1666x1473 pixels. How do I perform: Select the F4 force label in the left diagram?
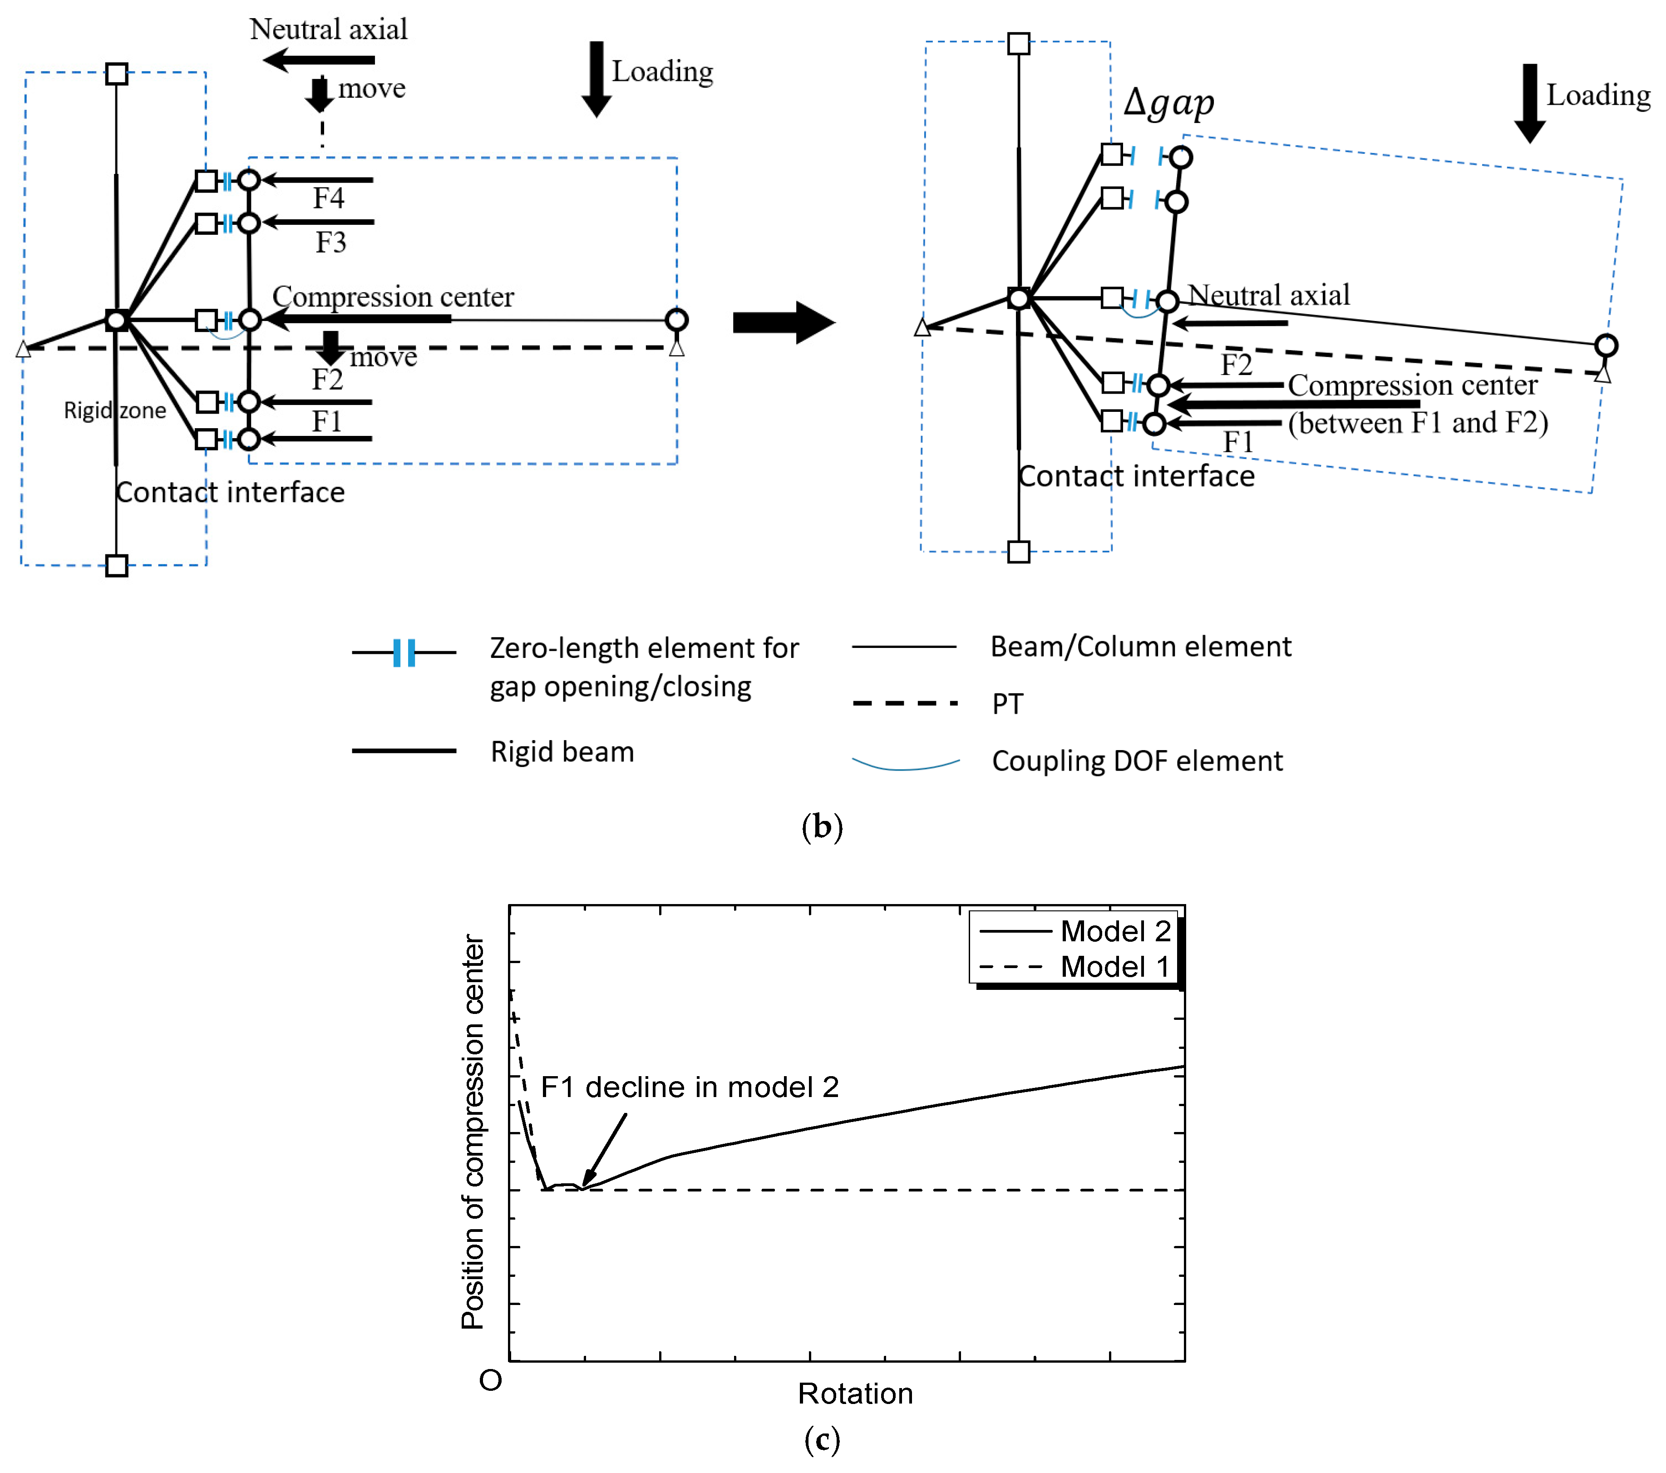(329, 198)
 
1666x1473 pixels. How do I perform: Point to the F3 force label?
(331, 242)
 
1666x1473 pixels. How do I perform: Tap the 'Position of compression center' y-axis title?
(473, 1132)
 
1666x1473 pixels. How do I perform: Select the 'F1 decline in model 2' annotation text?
(690, 1087)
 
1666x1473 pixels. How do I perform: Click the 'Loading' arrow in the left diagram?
(596, 79)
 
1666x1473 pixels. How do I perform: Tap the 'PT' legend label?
(1007, 703)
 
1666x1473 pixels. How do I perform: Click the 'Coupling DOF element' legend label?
(1137, 761)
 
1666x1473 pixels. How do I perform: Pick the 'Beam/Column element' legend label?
(1140, 647)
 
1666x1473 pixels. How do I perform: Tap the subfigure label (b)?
(822, 826)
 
